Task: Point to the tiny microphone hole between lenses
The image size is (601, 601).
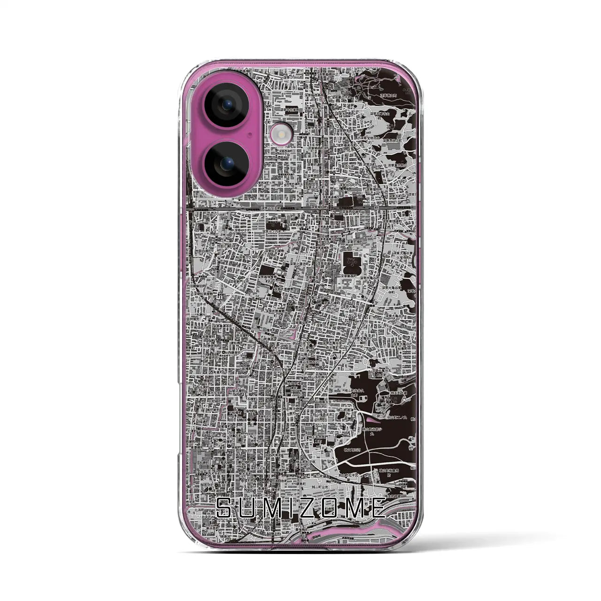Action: coord(251,135)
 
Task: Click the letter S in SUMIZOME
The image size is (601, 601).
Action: coord(227,508)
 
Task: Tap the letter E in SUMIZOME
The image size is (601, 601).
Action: coord(379,508)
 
